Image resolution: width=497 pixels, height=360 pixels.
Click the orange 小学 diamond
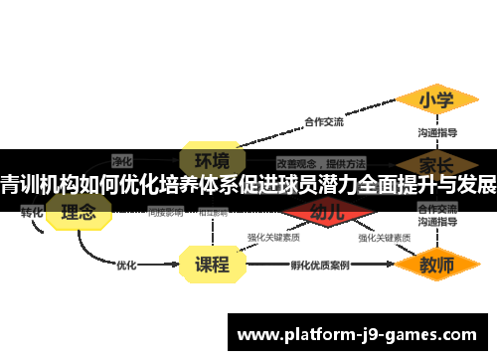[437, 100]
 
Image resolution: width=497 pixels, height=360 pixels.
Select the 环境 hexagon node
[211, 161]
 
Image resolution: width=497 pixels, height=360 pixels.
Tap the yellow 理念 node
[79, 211]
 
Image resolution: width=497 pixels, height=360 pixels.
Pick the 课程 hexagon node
[211, 265]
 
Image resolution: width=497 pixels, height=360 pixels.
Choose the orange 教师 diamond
[437, 266]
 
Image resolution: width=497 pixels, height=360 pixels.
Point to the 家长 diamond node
[437, 162]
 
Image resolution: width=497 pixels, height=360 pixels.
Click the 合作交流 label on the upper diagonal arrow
[324, 123]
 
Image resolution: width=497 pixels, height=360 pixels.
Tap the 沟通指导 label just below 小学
[437, 132]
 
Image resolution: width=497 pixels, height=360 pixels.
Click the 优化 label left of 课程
[126, 266]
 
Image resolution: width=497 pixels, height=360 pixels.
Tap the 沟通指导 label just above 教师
[437, 224]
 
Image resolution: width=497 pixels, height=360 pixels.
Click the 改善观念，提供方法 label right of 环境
[321, 162]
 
